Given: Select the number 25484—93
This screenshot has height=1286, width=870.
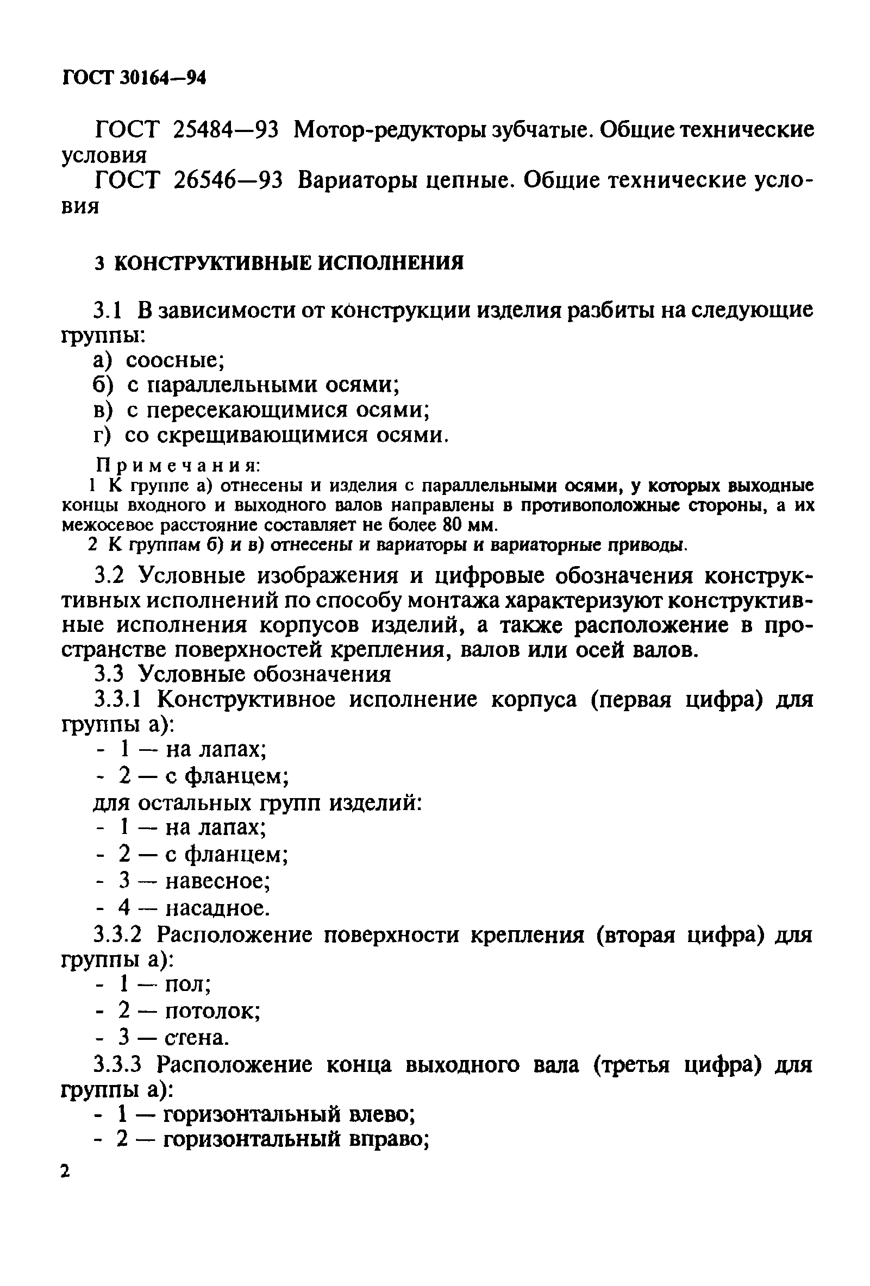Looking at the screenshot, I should [x=226, y=130].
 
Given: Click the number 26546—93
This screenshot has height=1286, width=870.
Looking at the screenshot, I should [x=228, y=180].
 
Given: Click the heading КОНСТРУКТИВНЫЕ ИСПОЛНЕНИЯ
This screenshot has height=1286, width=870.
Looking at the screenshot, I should [x=289, y=263].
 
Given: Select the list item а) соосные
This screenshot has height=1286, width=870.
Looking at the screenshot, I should [x=158, y=361].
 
